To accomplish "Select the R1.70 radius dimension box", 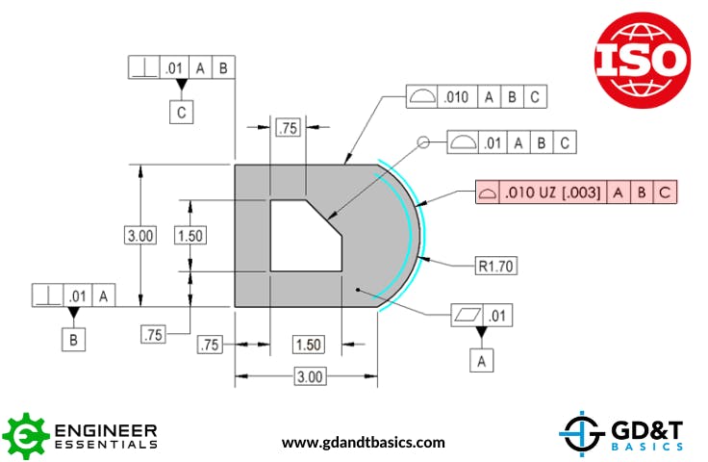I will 495,265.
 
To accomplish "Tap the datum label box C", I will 181,112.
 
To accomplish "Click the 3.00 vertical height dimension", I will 141,236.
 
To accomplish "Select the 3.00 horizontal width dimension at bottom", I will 308,376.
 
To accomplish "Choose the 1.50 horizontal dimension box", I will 308,345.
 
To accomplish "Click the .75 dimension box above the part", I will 288,128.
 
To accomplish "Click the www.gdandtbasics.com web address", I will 363,443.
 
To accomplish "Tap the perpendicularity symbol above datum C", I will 143,68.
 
